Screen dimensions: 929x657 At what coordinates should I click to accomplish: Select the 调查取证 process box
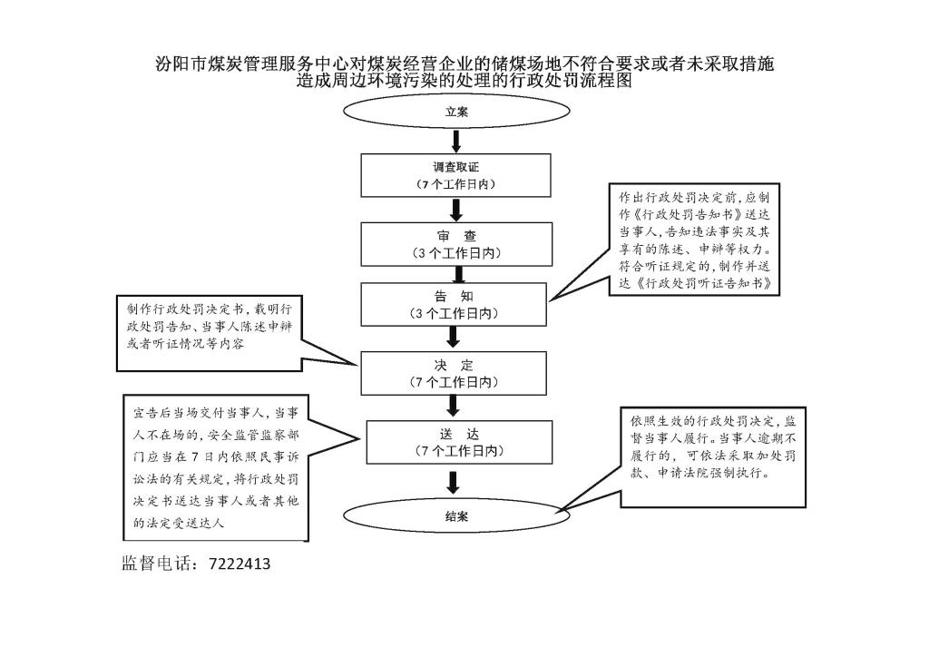click(x=455, y=175)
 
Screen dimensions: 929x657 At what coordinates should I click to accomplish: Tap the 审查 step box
click(x=456, y=244)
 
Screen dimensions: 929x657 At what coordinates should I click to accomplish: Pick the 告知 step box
click(x=454, y=305)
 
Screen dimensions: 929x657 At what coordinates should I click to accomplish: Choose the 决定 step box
click(x=454, y=373)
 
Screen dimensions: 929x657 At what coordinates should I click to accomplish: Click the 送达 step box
click(x=459, y=442)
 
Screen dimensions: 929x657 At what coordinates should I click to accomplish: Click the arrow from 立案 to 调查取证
click(x=456, y=141)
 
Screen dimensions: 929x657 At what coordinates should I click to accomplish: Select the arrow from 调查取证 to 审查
click(x=456, y=210)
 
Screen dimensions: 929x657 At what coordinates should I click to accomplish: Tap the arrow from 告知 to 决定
click(x=454, y=338)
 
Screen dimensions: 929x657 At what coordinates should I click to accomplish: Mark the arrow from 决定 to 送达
click(x=454, y=407)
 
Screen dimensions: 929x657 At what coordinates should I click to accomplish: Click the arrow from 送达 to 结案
click(x=454, y=482)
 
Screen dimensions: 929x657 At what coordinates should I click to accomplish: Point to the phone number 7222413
click(x=240, y=564)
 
